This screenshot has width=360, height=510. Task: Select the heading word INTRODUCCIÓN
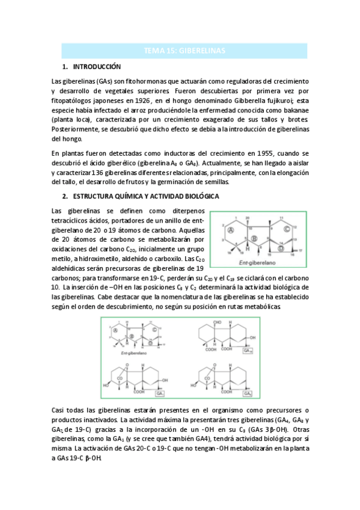click(x=97, y=67)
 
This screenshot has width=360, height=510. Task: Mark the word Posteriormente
click(x=73, y=129)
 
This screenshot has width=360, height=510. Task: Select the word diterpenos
click(x=188, y=210)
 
